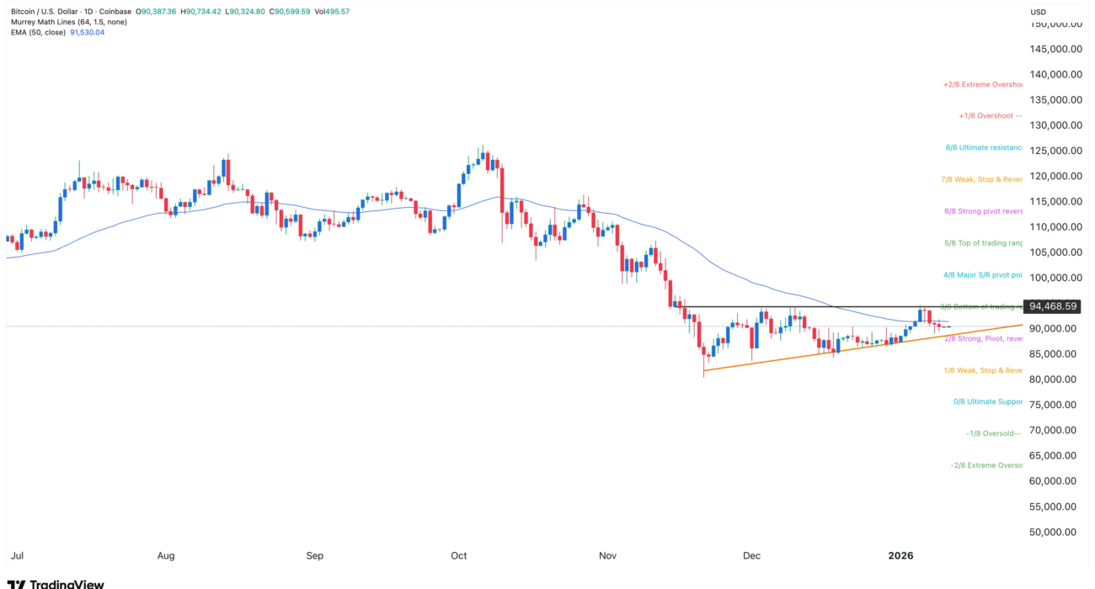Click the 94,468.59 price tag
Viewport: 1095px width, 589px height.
pyautogui.click(x=1051, y=306)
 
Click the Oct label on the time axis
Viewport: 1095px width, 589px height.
pyautogui.click(x=459, y=555)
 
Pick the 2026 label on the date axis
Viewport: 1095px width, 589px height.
pyautogui.click(x=901, y=555)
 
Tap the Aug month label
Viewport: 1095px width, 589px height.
pyautogui.click(x=166, y=555)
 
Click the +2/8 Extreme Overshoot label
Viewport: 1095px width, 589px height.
pyautogui.click(x=983, y=84)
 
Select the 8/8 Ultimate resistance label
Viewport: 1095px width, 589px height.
pyautogui.click(x=984, y=147)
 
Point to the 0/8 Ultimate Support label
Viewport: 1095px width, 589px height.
pyautogui.click(x=987, y=401)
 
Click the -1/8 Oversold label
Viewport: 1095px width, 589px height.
pyautogui.click(x=993, y=433)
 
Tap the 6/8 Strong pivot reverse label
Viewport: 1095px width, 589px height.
pyautogui.click(x=983, y=211)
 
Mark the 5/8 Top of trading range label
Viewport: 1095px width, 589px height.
pyautogui.click(x=984, y=243)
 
